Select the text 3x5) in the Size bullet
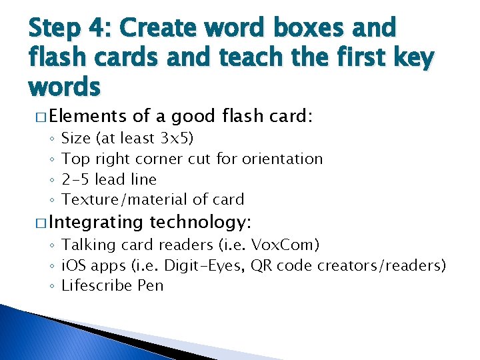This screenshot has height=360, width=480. click(x=177, y=139)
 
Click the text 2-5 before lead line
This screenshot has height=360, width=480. click(x=75, y=179)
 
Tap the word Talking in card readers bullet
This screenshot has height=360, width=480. click(x=86, y=245)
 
